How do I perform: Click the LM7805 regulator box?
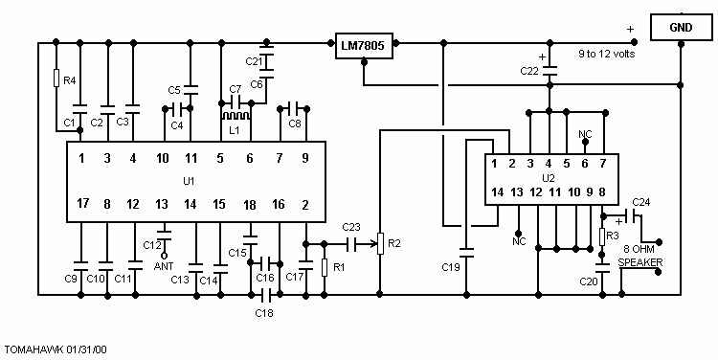click(x=366, y=47)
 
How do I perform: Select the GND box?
click(x=681, y=28)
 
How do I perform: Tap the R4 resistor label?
click(x=69, y=80)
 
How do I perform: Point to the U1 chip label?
click(x=188, y=180)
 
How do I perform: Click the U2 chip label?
click(x=549, y=178)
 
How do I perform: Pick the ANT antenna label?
click(x=163, y=266)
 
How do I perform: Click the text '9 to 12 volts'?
click(x=605, y=54)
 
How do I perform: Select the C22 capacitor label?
click(x=528, y=71)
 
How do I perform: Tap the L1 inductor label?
click(x=233, y=127)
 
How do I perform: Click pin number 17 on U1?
click(x=83, y=204)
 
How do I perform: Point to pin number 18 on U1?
click(x=249, y=204)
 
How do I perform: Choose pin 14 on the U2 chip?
click(x=496, y=192)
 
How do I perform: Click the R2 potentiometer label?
click(x=393, y=243)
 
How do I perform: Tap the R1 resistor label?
click(x=338, y=268)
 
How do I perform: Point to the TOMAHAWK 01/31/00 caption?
click(x=56, y=350)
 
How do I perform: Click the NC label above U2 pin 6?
click(x=586, y=134)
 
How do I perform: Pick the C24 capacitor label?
click(x=640, y=202)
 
